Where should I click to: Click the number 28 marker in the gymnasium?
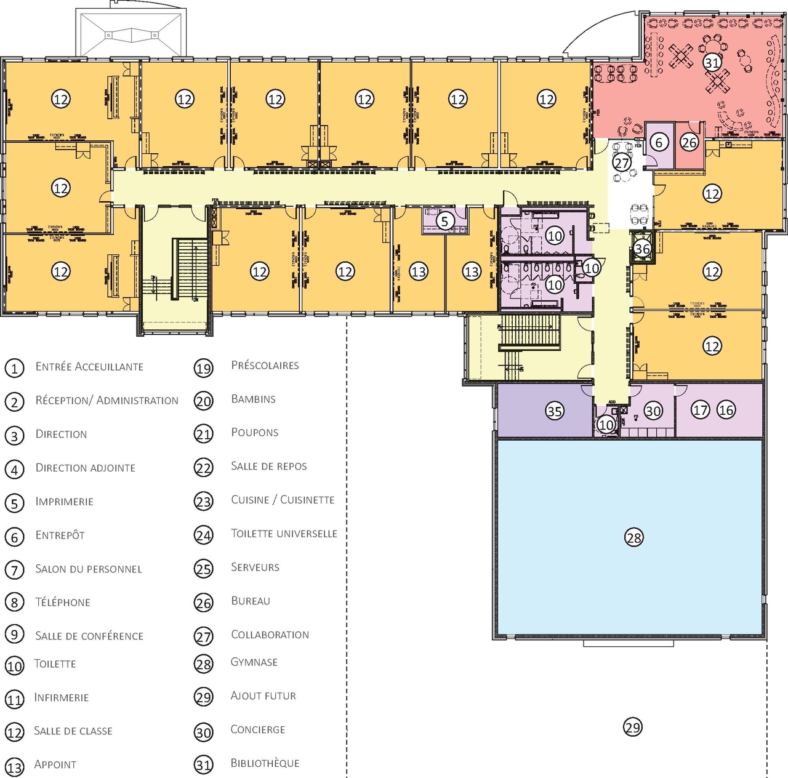tap(633, 538)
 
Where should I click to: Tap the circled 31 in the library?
tap(712, 63)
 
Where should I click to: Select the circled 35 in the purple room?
tap(555, 411)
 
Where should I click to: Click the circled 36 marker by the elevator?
tap(642, 249)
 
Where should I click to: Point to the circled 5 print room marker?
tap(445, 220)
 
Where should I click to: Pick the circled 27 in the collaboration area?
tap(622, 163)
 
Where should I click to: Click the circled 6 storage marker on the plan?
tap(659, 143)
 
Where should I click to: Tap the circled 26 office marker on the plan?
tap(689, 143)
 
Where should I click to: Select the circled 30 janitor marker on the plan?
tap(653, 411)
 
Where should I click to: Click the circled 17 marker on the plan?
tap(700, 409)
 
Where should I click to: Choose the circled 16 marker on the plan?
tap(726, 409)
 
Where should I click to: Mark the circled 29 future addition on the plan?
tap(633, 728)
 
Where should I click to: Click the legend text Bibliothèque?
tap(265, 763)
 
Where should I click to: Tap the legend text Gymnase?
tap(254, 662)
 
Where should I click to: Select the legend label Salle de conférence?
tap(89, 636)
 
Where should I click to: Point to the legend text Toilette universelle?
tap(284, 534)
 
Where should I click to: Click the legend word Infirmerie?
tap(62, 697)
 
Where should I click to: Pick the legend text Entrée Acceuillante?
tap(89, 367)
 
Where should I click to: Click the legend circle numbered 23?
tap(203, 502)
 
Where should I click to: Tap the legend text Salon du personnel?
tap(89, 569)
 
